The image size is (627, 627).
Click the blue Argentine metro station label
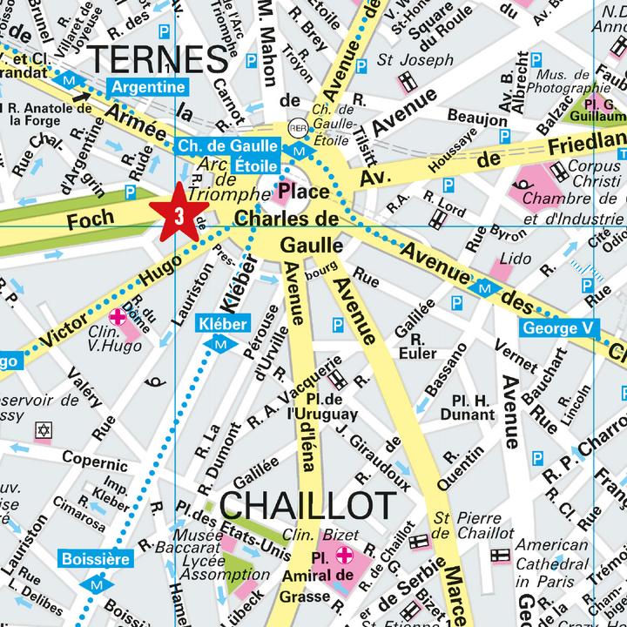tap(147, 87)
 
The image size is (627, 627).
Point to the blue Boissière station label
tap(95, 557)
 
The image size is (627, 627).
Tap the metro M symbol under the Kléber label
tap(221, 344)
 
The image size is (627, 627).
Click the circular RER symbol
tap(298, 125)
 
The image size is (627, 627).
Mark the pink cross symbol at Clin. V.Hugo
tap(116, 316)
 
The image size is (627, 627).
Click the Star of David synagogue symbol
tap(43, 430)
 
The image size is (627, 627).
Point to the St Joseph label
tap(415, 61)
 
